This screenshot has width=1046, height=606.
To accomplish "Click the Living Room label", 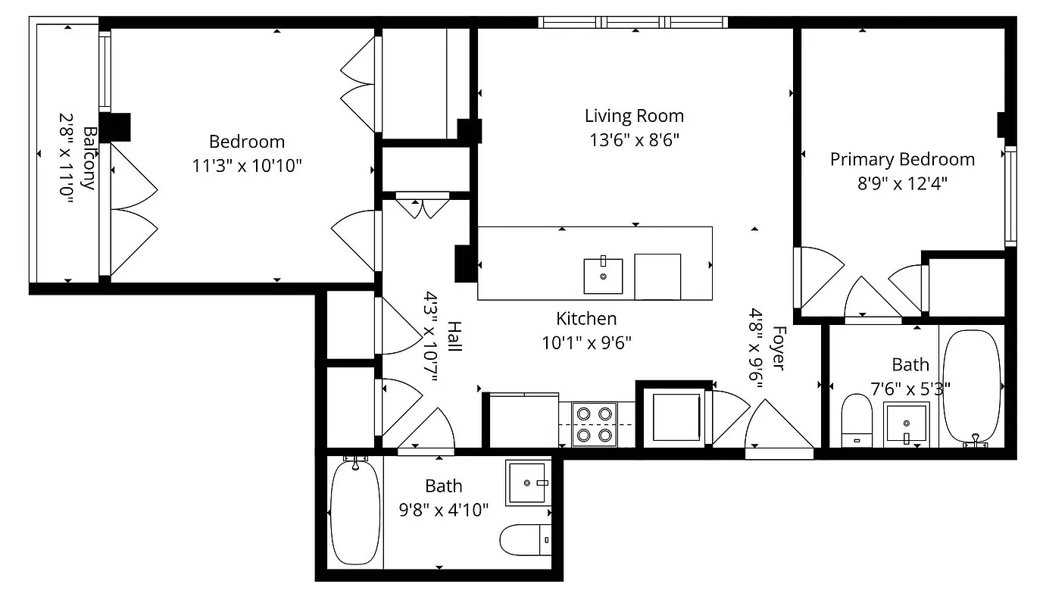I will click(634, 116).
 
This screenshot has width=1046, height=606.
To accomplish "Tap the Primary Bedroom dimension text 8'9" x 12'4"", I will click(901, 183).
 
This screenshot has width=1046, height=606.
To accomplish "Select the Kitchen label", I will click(586, 319).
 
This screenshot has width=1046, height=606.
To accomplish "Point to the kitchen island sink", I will click(603, 276).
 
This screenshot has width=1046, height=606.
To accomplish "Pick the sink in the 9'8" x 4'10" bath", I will click(526, 483).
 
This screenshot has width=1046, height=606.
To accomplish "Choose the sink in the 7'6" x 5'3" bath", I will click(906, 424).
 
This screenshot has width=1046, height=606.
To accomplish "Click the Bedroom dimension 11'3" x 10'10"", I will click(247, 166).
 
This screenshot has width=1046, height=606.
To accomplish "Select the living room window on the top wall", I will click(633, 22).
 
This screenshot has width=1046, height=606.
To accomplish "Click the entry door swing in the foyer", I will click(779, 428).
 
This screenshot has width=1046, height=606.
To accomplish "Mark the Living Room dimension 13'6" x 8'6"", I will click(634, 140).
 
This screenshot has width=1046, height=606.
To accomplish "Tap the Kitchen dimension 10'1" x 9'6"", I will click(586, 342).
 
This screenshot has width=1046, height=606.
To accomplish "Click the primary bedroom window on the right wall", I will click(1010, 195).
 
